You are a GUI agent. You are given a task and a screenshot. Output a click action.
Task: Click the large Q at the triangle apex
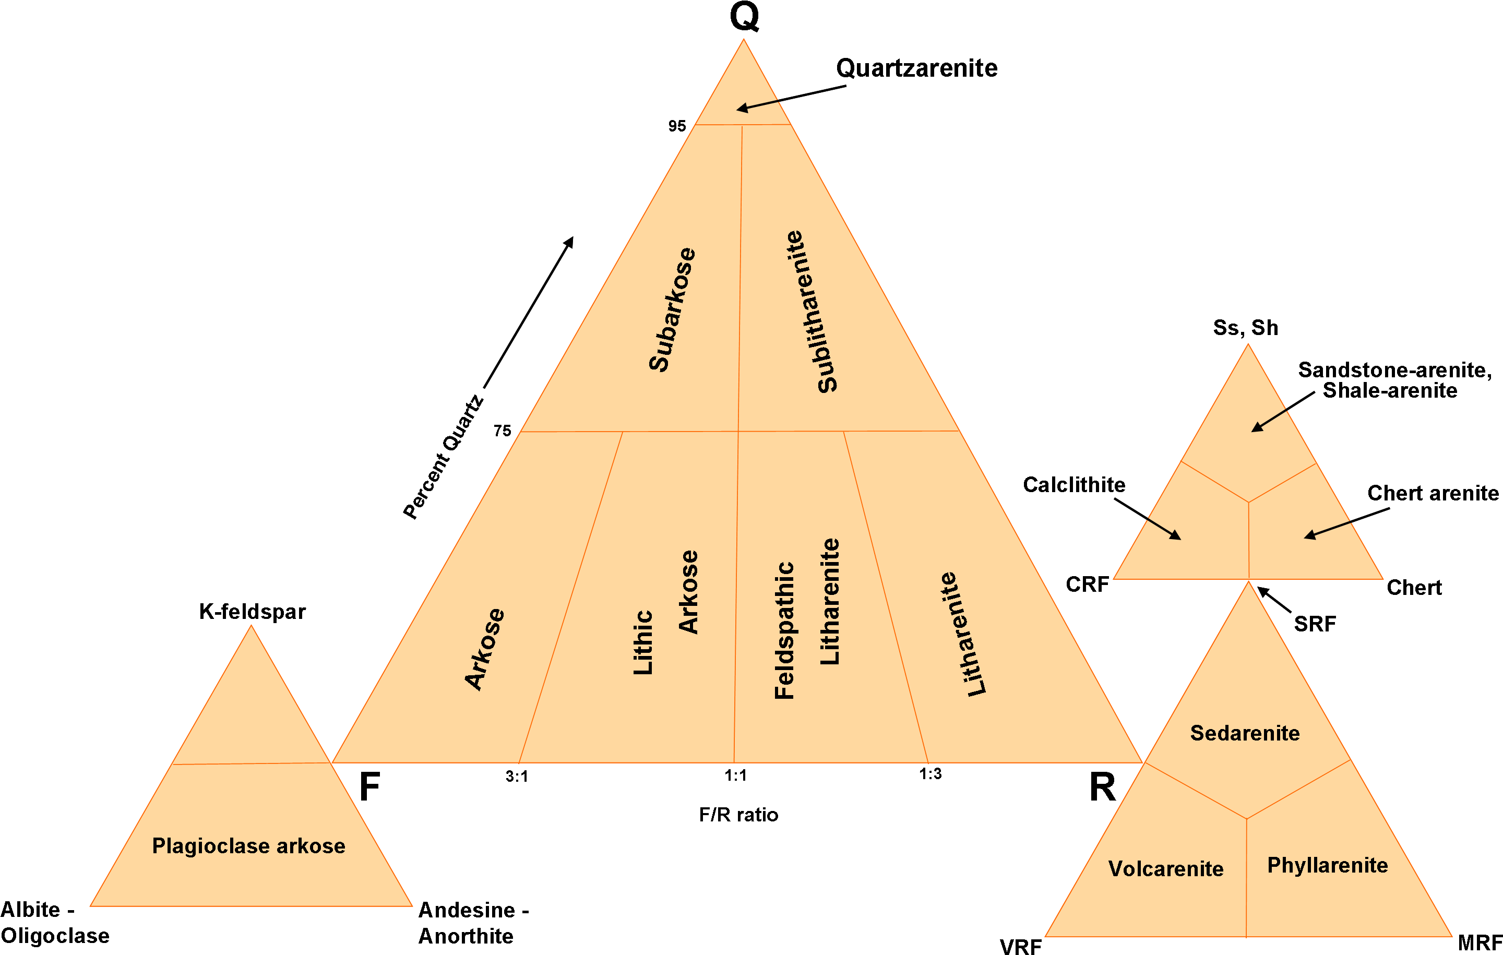(744, 16)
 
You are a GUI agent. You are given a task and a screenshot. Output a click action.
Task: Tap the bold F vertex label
(369, 786)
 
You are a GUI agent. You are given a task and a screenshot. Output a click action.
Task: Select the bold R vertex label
(1102, 786)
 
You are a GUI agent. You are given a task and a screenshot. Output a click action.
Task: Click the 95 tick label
(677, 126)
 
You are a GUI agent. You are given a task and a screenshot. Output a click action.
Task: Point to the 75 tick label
(503, 431)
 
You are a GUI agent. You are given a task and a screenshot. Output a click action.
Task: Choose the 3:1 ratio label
(517, 777)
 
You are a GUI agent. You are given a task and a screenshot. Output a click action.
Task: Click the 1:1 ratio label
(735, 775)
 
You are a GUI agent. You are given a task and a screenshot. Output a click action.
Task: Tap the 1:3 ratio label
(930, 774)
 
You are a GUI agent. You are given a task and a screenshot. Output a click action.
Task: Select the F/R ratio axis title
(738, 815)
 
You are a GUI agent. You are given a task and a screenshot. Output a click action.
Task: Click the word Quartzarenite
(916, 68)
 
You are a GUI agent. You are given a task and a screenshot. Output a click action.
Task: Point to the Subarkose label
(672, 309)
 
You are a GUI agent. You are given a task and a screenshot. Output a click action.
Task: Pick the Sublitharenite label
(811, 312)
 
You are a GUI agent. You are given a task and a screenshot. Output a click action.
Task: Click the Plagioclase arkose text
(248, 846)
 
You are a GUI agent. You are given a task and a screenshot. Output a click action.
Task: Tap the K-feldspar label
(252, 612)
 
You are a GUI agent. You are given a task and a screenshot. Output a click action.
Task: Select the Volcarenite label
(1166, 868)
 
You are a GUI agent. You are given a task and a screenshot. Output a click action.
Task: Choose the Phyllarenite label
(1328, 865)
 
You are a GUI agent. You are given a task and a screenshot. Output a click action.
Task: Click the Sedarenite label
(1245, 733)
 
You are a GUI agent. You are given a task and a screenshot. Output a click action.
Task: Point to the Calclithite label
(1074, 484)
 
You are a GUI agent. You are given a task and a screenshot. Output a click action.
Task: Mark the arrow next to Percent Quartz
(529, 312)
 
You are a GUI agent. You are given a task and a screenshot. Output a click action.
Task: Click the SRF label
(1315, 624)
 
